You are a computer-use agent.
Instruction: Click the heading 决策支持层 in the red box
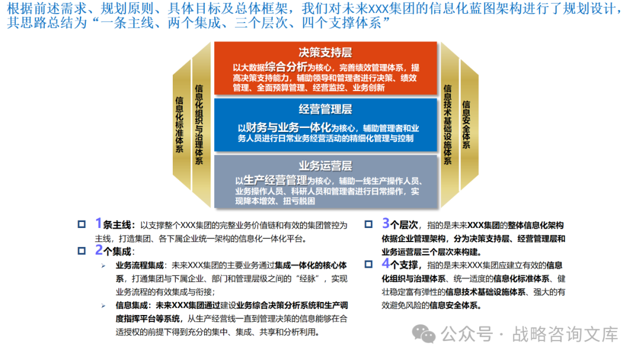(x=325, y=53)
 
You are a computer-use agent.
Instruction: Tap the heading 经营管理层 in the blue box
(x=325, y=110)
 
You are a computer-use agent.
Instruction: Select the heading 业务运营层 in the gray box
(x=325, y=166)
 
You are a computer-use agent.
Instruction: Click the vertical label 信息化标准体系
(x=179, y=124)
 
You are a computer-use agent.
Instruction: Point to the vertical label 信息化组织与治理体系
(x=199, y=124)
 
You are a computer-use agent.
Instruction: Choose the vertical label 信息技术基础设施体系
(x=447, y=124)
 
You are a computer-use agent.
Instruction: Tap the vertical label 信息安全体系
(x=466, y=124)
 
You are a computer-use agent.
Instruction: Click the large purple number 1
(x=99, y=223)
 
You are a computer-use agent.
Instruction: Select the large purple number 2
(x=99, y=250)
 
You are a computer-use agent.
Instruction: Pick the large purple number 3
(x=386, y=223)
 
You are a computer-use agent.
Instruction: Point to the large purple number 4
(x=386, y=263)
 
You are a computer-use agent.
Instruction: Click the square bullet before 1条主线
(x=82, y=224)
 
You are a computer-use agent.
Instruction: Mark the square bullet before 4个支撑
(x=369, y=264)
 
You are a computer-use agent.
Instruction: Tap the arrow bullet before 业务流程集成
(x=104, y=266)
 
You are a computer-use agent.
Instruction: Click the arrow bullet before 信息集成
(x=104, y=306)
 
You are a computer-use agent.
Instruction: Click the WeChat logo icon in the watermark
(x=424, y=334)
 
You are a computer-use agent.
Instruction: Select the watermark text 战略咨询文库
(x=565, y=335)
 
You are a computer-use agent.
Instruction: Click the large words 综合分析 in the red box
(x=286, y=67)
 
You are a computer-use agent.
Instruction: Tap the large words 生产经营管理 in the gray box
(x=275, y=180)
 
